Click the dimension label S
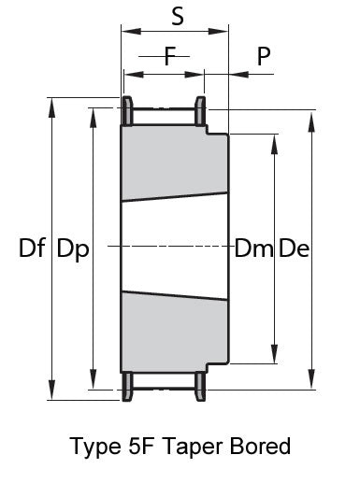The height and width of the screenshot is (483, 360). point(178,16)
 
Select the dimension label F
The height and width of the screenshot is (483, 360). point(170,56)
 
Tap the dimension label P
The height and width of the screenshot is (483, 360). point(264,56)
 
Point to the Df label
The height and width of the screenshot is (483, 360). point(32,248)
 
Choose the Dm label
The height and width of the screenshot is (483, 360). point(253,249)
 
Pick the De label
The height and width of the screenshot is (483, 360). point(294,249)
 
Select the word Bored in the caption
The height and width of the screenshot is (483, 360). point(260,446)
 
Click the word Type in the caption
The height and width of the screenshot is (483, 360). point(96,447)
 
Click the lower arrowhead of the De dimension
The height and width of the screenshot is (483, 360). point(311,379)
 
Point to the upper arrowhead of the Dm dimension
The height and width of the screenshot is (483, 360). point(274,145)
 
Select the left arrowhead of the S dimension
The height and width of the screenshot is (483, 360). point(132,31)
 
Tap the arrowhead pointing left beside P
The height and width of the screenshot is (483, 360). point(239,74)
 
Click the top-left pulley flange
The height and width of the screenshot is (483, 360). point(127,110)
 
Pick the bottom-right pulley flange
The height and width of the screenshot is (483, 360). point(200,386)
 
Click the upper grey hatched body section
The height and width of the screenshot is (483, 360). point(175,162)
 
